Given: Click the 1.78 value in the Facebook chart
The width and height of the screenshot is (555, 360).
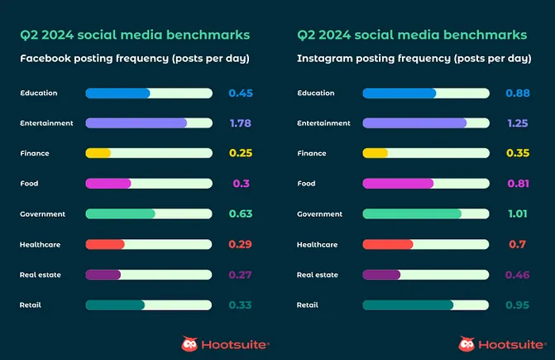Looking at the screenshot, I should tap(240, 123).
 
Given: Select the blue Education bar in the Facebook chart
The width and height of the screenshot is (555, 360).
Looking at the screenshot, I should tap(117, 94).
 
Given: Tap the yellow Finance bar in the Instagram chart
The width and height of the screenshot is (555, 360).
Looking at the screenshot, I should tap(376, 153).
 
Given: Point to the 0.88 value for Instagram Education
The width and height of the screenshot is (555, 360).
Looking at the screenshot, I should tap(517, 94).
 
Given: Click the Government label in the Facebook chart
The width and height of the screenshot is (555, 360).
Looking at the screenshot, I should tap(42, 214).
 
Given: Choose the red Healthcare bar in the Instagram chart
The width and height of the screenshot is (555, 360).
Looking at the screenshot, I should tap(388, 244).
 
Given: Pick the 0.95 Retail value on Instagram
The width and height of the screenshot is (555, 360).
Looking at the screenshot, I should tap(517, 305).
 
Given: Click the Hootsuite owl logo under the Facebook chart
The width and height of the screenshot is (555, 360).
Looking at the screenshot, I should tap(189, 343).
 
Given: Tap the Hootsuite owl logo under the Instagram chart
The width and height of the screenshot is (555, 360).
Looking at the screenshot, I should tap(466, 343).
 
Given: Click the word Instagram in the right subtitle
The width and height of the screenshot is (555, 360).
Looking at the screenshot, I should tap(326, 59).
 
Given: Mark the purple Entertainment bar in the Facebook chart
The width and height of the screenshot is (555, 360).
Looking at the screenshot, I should tap(136, 123).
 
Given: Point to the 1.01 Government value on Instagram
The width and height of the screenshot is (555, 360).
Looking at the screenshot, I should tap(518, 214).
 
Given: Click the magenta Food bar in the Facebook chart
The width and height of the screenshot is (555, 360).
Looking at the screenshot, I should tap(108, 184).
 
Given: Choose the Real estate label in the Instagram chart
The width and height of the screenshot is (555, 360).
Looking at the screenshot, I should tap(318, 275).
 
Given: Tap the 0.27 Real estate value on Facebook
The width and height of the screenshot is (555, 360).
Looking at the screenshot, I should tap(240, 275).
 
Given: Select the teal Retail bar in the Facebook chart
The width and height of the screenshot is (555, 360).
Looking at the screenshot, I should tap(115, 305).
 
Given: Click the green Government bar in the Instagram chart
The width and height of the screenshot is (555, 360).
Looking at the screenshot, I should tap(412, 214).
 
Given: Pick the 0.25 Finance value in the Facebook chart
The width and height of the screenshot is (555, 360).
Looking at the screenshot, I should tap(240, 153).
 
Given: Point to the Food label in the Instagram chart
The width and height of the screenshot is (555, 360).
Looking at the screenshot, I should tap(306, 184).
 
